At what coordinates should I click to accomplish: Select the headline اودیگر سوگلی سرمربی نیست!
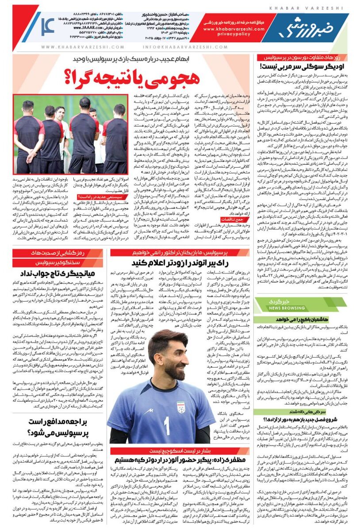[x=306, y=68]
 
